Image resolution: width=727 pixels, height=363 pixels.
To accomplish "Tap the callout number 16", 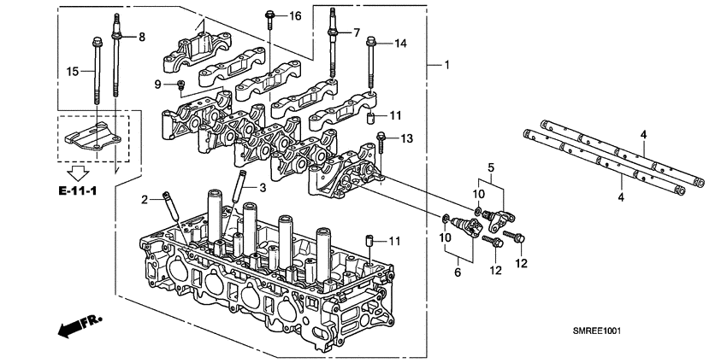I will [x=295, y=16].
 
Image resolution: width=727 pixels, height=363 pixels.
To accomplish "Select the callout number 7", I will [x=358, y=33].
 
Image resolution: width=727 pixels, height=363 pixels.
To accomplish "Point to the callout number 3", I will [x=263, y=187].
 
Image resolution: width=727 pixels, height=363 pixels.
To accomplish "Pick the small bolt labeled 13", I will [x=382, y=141].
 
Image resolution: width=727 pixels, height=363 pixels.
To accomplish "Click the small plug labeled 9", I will [x=180, y=84].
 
